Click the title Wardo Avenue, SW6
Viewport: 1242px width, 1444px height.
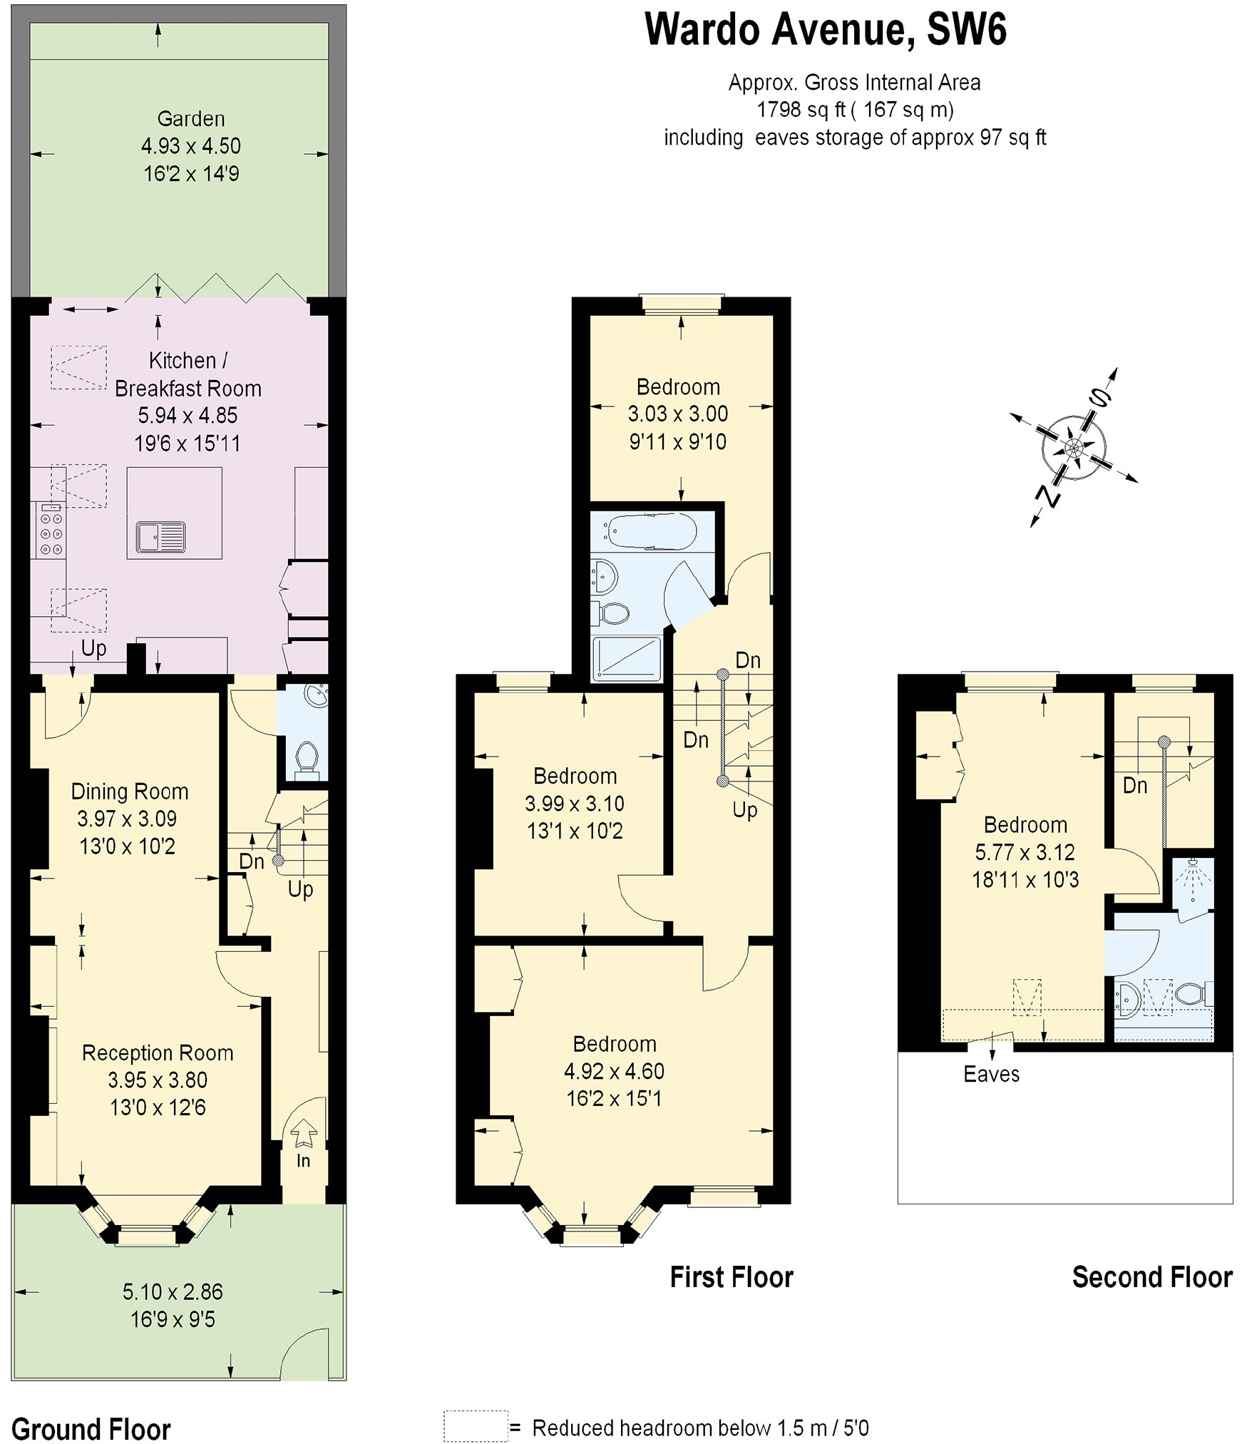(825, 31)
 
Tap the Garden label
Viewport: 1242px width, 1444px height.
(190, 119)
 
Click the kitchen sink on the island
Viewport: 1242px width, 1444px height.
(161, 536)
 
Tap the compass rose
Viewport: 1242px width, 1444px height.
(1074, 448)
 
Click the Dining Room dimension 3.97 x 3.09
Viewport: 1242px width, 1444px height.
(127, 819)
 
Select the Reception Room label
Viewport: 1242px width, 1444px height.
(158, 1053)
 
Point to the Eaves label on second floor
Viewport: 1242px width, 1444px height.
(991, 1075)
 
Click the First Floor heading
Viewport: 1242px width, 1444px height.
(731, 1277)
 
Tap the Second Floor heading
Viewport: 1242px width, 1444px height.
(1151, 1277)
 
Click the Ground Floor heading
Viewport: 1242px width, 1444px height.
(91, 1410)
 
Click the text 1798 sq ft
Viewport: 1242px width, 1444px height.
(800, 110)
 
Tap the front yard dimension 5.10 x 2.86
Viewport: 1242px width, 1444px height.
(173, 1292)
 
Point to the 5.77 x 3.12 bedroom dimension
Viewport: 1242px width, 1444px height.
(1025, 852)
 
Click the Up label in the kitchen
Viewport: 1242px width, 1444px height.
(93, 648)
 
